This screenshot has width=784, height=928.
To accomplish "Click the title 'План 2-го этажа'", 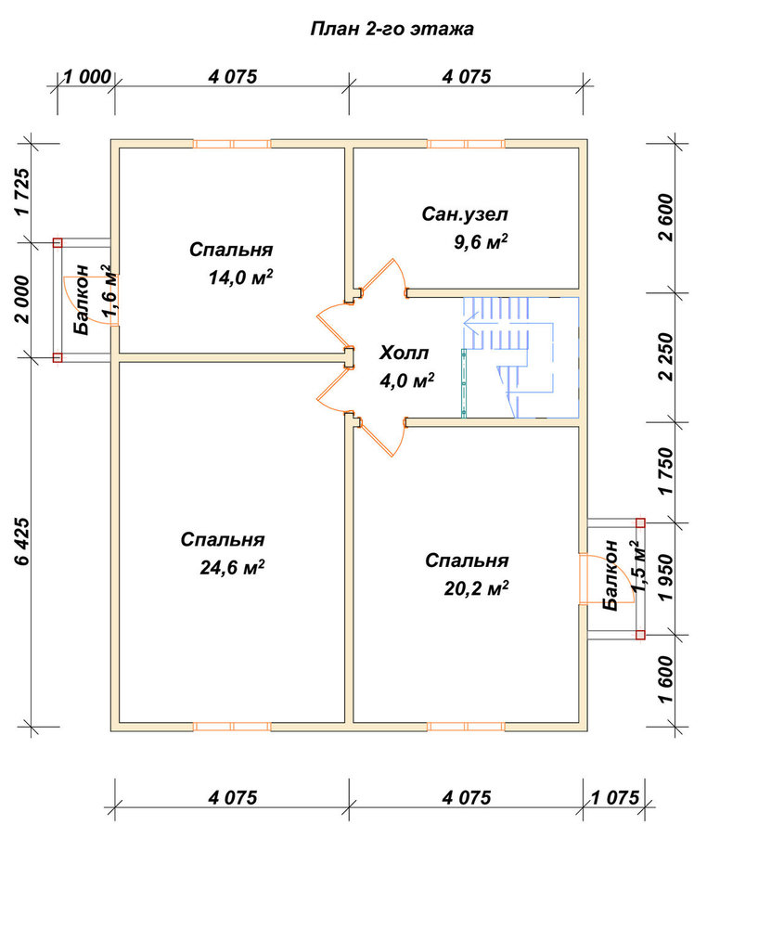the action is coord(392,30).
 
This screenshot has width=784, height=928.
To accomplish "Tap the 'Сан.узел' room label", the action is coord(465,214).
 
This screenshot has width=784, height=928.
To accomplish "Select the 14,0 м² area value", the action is coord(240,277).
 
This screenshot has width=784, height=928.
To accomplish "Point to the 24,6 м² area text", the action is coord(232,568).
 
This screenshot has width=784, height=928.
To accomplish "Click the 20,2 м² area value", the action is coord(476,588).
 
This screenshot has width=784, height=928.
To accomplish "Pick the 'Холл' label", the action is coord(404,354).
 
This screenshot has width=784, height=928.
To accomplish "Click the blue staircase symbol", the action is coord(521,357).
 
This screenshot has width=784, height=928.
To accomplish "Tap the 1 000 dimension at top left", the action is coord(87,77).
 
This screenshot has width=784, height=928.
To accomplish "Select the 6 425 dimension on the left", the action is coord(22,541).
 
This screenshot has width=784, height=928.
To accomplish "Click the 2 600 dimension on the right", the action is coord(665,217).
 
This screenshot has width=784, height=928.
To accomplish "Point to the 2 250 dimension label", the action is coord(665,357).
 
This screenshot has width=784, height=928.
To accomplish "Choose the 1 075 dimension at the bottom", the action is coord(615,798).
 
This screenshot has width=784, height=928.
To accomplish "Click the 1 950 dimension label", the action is coord(665,577).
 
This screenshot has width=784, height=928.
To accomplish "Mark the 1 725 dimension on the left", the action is coord(22,192).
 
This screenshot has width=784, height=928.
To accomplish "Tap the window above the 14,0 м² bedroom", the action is coord(232,144).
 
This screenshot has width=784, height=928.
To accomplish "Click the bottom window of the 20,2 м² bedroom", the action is coord(466,727).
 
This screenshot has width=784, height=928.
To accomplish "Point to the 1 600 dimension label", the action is coord(665,679).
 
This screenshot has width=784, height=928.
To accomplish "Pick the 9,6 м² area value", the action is coord(481,241).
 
